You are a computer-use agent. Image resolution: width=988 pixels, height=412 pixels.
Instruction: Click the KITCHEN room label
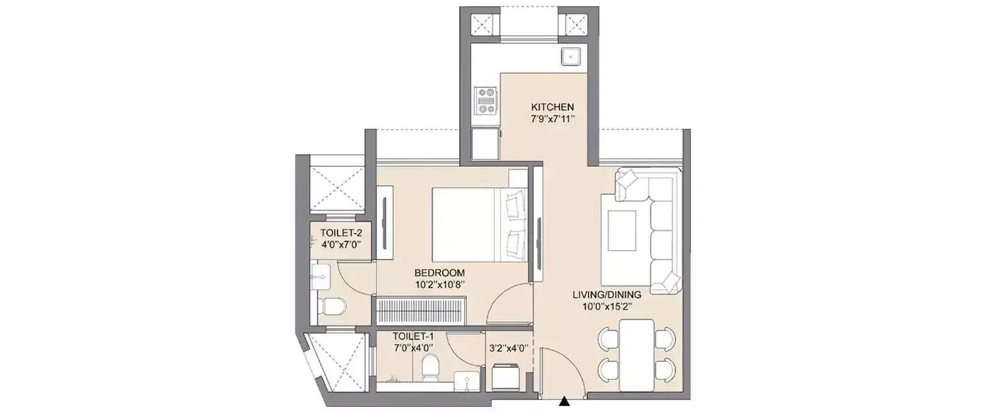553,107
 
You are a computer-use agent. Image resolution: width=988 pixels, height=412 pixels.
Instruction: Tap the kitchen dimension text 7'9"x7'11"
553,119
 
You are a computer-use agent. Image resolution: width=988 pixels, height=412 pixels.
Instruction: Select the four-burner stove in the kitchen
487,101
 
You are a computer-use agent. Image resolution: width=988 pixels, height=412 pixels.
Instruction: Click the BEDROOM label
439,272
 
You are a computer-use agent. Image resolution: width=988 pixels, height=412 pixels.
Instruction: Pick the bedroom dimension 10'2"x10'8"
439,285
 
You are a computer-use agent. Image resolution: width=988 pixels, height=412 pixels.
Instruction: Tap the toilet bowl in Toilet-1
429,367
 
